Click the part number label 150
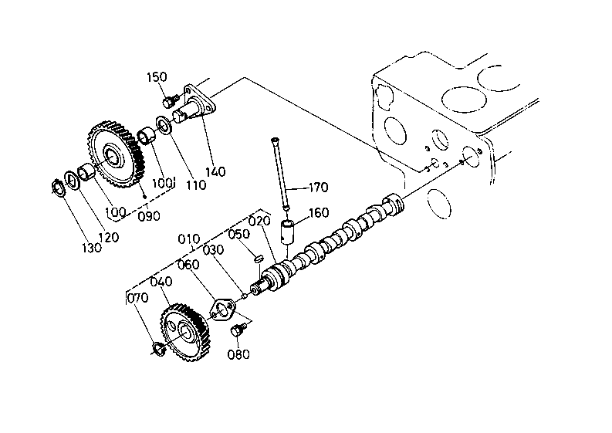coord(157,77)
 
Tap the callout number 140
coord(216,171)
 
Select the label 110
coord(196,184)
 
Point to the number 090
coord(149,216)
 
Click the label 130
coord(92,248)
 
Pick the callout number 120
coord(109,237)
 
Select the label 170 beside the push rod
coord(319,188)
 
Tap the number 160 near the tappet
coord(319,213)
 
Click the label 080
coord(238,354)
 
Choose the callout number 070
coord(138,298)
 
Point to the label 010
coord(189,238)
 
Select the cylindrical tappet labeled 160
coord(288,232)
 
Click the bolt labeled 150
coord(171,101)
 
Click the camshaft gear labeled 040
coord(185,332)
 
